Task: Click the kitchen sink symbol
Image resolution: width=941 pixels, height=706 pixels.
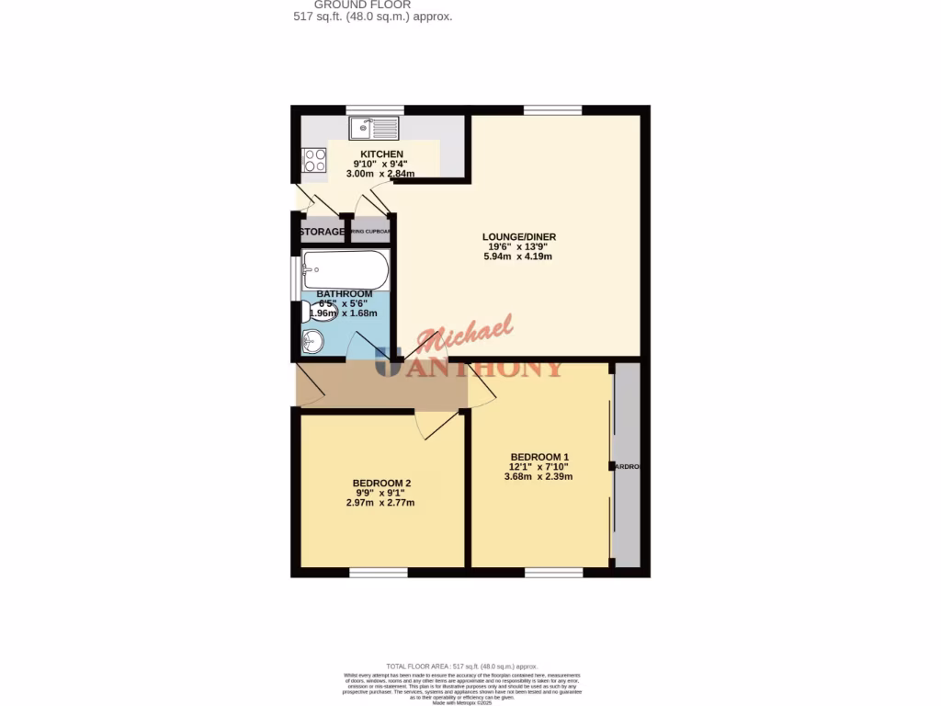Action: pos(374,128)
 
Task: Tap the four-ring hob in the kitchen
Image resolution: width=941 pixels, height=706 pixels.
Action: pos(314,161)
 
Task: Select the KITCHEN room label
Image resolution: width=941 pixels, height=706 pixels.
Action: pos(381,154)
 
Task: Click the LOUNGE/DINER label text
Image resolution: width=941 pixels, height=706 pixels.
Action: pos(519,237)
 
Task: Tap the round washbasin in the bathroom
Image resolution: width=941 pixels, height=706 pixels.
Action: pos(312,343)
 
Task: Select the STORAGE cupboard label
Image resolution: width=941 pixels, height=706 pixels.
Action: pos(322,232)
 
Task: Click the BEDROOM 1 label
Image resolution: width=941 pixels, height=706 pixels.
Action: pos(540,457)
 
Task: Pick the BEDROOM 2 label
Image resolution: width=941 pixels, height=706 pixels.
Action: pos(381,484)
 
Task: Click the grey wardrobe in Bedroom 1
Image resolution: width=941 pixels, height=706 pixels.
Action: pos(627,466)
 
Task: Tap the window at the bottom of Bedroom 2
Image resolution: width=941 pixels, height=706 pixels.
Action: pos(378,573)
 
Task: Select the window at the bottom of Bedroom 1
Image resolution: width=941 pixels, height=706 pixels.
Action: pos(554,573)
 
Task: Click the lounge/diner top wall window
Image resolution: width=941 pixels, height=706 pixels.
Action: pos(552,110)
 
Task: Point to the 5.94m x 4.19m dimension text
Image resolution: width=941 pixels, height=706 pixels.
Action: pos(519,256)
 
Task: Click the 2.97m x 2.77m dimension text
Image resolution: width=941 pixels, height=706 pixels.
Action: pos(380,503)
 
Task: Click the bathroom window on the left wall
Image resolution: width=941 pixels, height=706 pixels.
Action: pos(293,278)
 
